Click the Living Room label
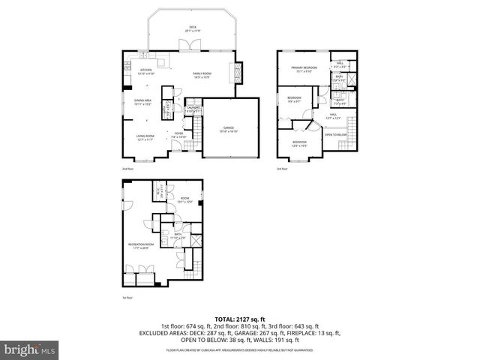(x=145, y=137)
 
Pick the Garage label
(x=229, y=130)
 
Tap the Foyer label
(x=178, y=136)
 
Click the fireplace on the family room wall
(x=239, y=73)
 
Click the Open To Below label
(x=335, y=135)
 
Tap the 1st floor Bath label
(x=178, y=236)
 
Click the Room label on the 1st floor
(x=184, y=199)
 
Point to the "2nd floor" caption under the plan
(x=129, y=169)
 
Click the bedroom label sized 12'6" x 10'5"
(x=299, y=143)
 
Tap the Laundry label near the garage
(x=193, y=109)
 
